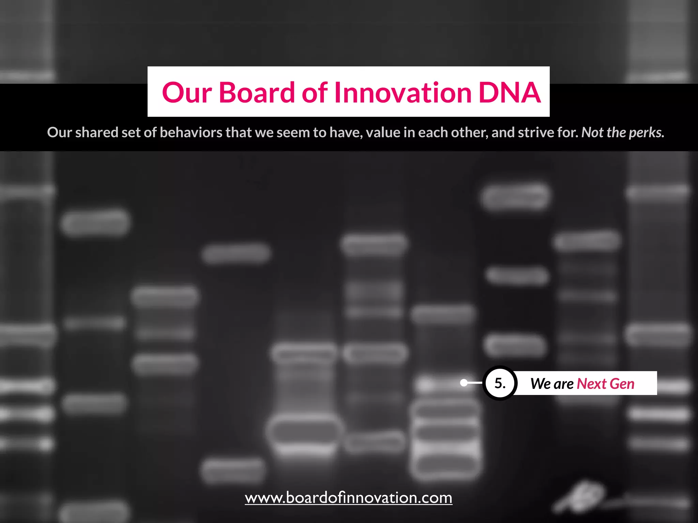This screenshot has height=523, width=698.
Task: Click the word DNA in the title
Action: click(x=510, y=93)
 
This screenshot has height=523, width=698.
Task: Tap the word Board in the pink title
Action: click(x=256, y=93)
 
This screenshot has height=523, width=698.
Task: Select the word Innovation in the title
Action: click(x=403, y=93)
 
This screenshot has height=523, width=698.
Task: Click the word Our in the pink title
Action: click(x=187, y=93)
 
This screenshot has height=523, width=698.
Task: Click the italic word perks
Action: click(x=647, y=132)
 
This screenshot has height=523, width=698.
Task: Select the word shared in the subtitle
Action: click(x=96, y=132)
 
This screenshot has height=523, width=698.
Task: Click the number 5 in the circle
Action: click(x=499, y=383)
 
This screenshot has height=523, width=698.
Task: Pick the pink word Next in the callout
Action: click(x=591, y=384)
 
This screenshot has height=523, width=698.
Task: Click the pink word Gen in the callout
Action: click(x=622, y=384)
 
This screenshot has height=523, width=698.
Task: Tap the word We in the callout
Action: click(x=541, y=384)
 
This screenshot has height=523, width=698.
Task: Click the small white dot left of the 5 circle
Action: click(x=464, y=383)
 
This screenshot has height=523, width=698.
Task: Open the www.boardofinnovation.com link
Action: click(x=349, y=498)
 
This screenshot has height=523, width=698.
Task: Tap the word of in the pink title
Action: click(x=315, y=93)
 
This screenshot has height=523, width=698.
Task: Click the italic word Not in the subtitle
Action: click(x=592, y=132)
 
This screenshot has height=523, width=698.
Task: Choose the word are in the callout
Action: click(x=564, y=384)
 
